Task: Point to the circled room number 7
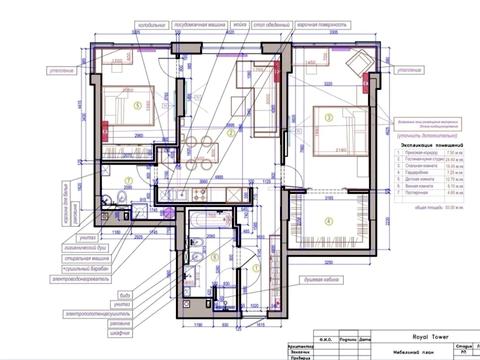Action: click(127, 179)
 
